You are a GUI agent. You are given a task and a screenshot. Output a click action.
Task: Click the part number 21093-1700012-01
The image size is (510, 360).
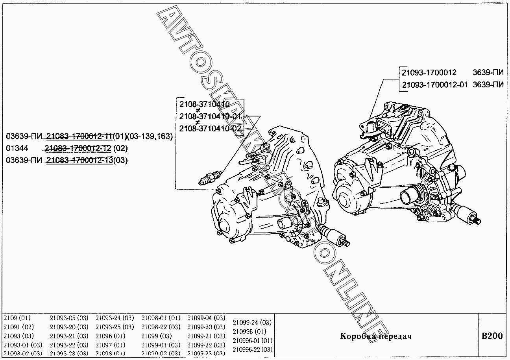[x=435, y=85]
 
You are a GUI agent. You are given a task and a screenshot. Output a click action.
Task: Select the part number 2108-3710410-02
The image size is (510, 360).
[x=210, y=128]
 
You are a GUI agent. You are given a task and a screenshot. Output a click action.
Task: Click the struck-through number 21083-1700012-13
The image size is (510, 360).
[x=80, y=160]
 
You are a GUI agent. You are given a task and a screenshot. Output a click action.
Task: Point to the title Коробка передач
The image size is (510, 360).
[x=376, y=336]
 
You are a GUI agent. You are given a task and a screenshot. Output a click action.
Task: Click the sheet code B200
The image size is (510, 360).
[x=492, y=336]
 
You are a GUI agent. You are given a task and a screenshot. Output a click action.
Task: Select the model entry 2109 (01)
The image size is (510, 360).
[x=17, y=318]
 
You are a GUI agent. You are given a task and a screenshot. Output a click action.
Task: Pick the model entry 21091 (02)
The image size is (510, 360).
[x=18, y=327]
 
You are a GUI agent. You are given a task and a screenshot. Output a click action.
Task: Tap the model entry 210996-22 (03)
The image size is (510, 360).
[x=252, y=349]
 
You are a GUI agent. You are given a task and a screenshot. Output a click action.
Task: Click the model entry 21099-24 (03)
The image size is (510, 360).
[x=252, y=322]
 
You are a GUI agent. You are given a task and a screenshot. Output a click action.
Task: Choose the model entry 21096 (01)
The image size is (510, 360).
[x=110, y=336]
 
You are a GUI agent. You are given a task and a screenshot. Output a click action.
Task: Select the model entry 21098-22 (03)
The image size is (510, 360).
[x=161, y=327]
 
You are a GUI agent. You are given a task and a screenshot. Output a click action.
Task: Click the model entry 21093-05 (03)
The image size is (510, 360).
[x=69, y=318]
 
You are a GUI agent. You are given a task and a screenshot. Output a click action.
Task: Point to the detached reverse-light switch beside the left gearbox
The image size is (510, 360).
[x=211, y=177]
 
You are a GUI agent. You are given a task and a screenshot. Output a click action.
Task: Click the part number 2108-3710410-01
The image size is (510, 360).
[x=210, y=116]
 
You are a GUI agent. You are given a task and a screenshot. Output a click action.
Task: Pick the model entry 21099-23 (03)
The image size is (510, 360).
[x=206, y=353]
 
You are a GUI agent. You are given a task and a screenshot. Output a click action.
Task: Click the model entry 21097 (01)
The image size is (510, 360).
[x=110, y=345]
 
